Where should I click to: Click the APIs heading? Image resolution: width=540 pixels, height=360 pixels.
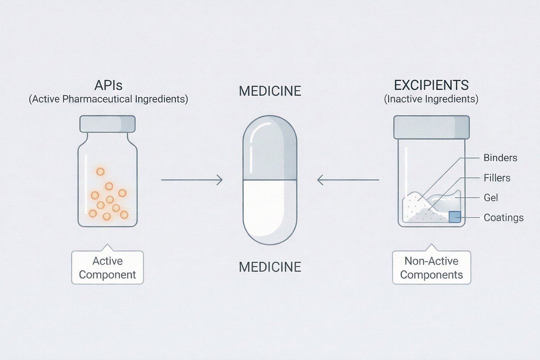point(108,86)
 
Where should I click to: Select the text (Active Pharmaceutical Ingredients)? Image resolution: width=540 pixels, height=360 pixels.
point(108,99)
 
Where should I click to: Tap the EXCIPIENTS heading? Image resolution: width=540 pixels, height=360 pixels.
point(431,86)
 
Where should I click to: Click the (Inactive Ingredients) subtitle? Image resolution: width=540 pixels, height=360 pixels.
point(431,99)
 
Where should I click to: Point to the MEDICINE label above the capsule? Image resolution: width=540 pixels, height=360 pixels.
point(270,91)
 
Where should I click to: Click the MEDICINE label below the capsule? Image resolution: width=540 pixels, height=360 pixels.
point(270,267)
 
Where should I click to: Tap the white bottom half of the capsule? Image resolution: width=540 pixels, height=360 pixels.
point(270,211)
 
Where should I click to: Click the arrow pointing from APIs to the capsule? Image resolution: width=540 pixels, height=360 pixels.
point(191,180)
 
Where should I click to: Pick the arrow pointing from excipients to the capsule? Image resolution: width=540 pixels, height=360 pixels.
point(348,180)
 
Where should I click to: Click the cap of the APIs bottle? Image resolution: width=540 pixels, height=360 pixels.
point(108,123)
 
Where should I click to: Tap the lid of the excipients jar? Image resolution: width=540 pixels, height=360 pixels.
point(431,127)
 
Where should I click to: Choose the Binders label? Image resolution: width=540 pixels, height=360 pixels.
point(500,158)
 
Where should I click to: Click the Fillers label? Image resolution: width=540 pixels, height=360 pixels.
point(497,178)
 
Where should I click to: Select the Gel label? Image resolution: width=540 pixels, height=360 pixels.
point(491,198)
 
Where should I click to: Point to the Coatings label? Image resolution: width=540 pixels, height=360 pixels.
point(503,218)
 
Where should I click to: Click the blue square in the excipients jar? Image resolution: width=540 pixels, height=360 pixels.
point(455,217)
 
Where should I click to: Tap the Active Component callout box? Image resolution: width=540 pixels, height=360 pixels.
point(108,268)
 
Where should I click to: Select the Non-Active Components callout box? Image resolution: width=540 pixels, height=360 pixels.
point(431,268)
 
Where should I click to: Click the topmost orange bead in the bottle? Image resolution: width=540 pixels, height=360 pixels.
point(101,171)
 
